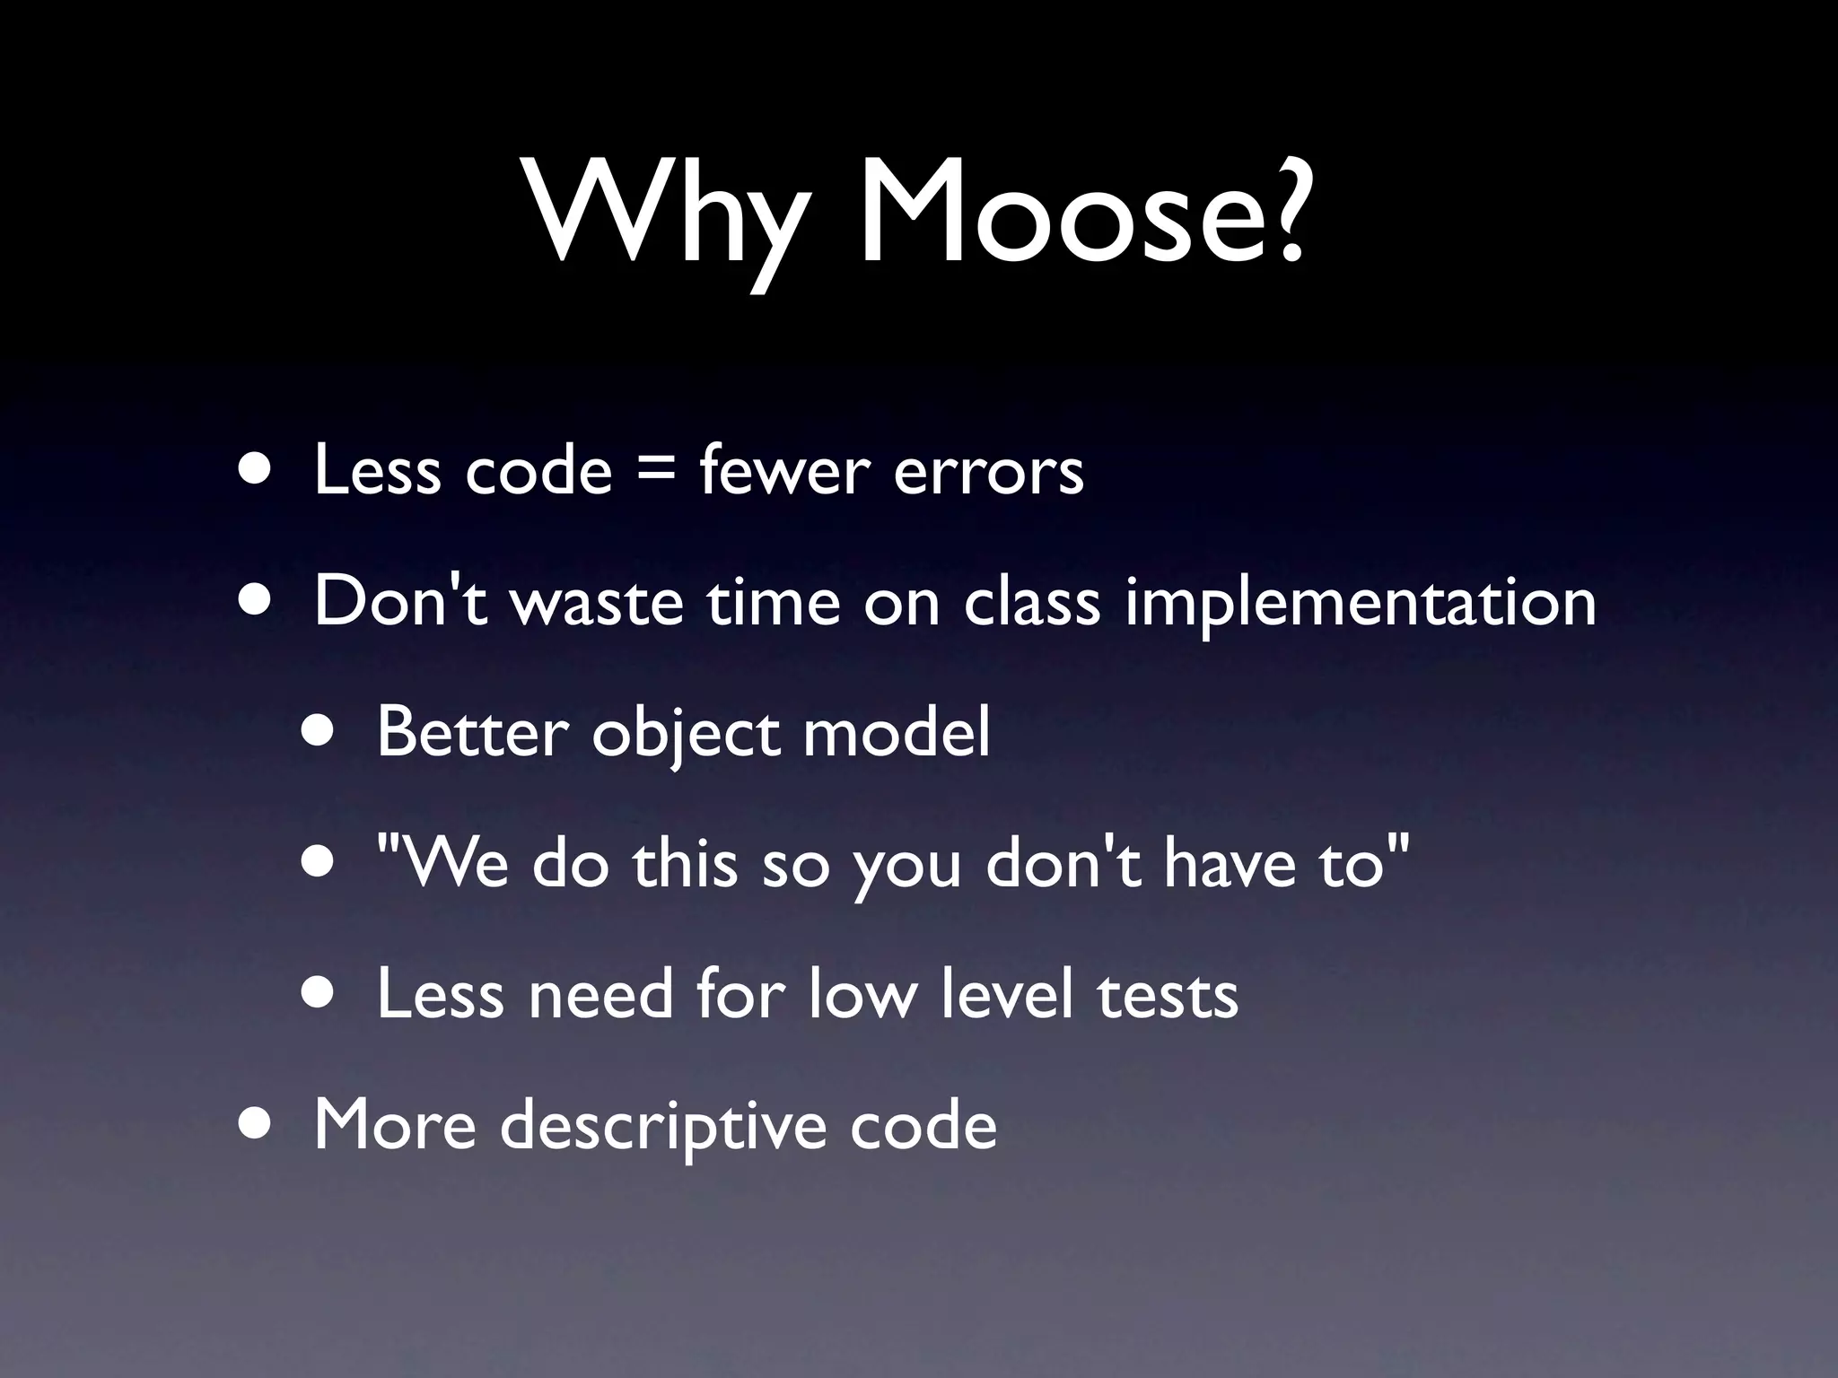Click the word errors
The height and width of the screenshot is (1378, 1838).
click(988, 473)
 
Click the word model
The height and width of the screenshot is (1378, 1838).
click(897, 732)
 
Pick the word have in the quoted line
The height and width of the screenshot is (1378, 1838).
click(1230, 863)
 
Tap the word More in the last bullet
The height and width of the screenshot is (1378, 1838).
click(395, 1125)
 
